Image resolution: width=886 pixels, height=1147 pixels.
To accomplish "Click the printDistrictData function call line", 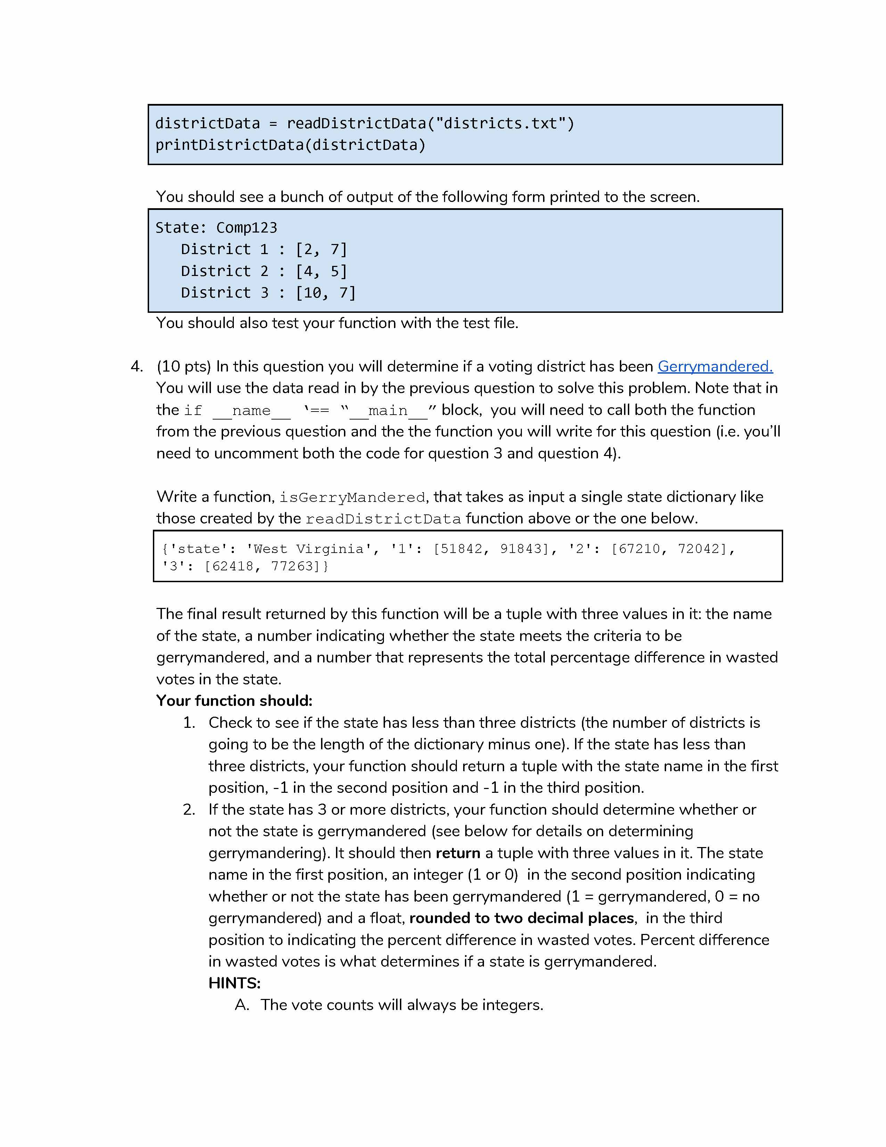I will click(x=290, y=145).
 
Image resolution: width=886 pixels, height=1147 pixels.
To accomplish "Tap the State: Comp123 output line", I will click(x=216, y=227).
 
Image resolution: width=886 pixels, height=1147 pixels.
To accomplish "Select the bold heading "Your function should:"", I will click(x=234, y=701).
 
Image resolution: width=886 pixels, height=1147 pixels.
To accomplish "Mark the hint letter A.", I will click(x=241, y=1005).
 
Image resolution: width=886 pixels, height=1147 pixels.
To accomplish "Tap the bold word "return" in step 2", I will click(x=458, y=853).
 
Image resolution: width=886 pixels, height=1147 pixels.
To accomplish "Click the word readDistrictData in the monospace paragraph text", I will click(x=383, y=519).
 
